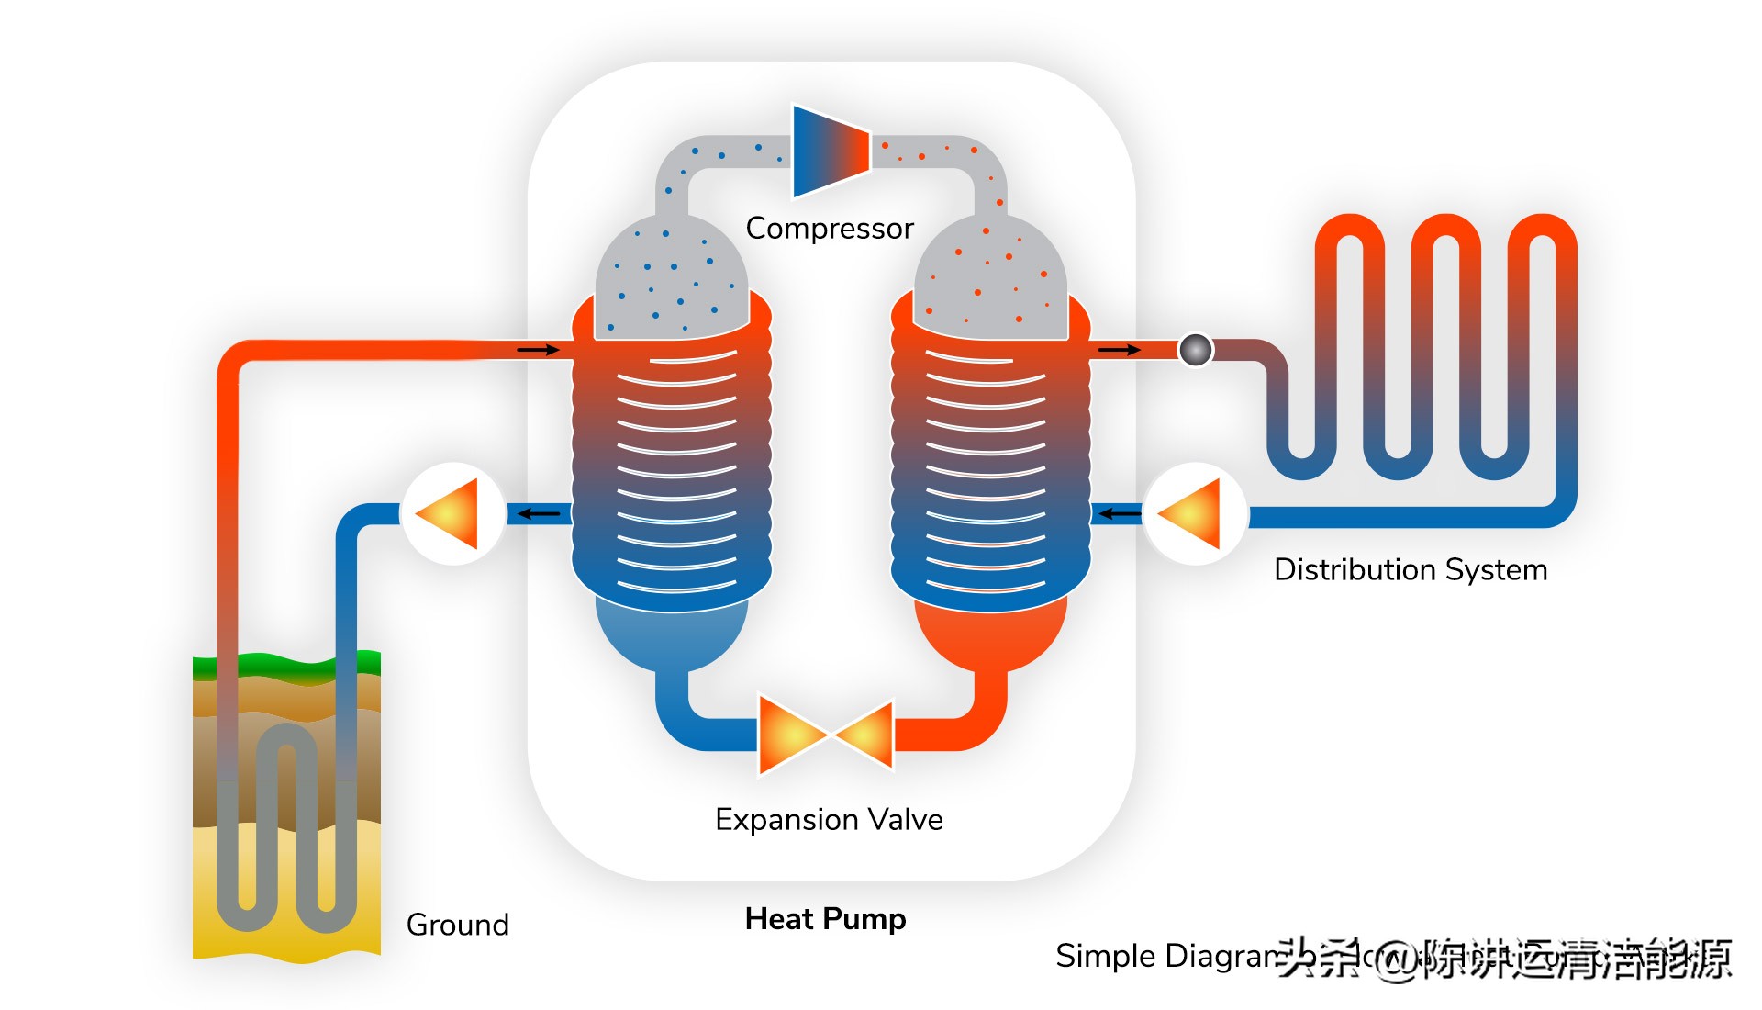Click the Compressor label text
pos(829,228)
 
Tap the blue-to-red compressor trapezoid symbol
pos(830,151)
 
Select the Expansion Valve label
pos(829,819)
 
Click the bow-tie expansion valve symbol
pos(826,735)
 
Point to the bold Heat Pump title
pos(825,919)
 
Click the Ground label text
pos(457,925)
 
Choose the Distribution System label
pos(1411,570)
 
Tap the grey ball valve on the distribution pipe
pos(1196,350)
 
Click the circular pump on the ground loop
pos(453,513)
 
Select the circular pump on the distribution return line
pos(1195,513)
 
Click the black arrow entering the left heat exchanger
pos(538,350)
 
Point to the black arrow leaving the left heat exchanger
pos(540,513)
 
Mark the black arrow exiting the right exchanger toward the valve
pos(1120,350)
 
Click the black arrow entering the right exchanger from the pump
pos(1120,513)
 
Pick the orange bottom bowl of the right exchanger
pos(991,634)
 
